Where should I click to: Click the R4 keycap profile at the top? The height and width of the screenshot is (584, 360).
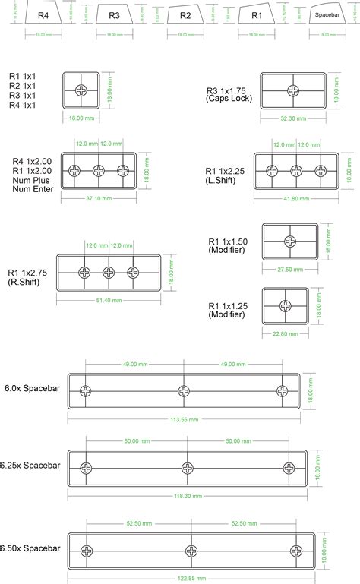[x=43, y=15]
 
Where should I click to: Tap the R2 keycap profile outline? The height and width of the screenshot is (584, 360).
[x=185, y=14]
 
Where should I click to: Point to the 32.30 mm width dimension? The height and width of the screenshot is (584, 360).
[x=292, y=118]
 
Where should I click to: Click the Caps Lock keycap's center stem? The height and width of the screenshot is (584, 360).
[x=292, y=90]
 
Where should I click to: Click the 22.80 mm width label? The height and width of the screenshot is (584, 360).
[x=285, y=332]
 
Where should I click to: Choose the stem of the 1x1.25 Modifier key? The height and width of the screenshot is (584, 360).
[x=285, y=305]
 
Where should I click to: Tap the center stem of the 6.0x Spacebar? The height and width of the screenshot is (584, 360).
[x=183, y=390]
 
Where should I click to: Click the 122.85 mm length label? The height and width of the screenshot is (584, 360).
[x=191, y=579]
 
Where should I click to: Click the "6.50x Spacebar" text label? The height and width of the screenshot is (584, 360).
[x=31, y=548]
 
